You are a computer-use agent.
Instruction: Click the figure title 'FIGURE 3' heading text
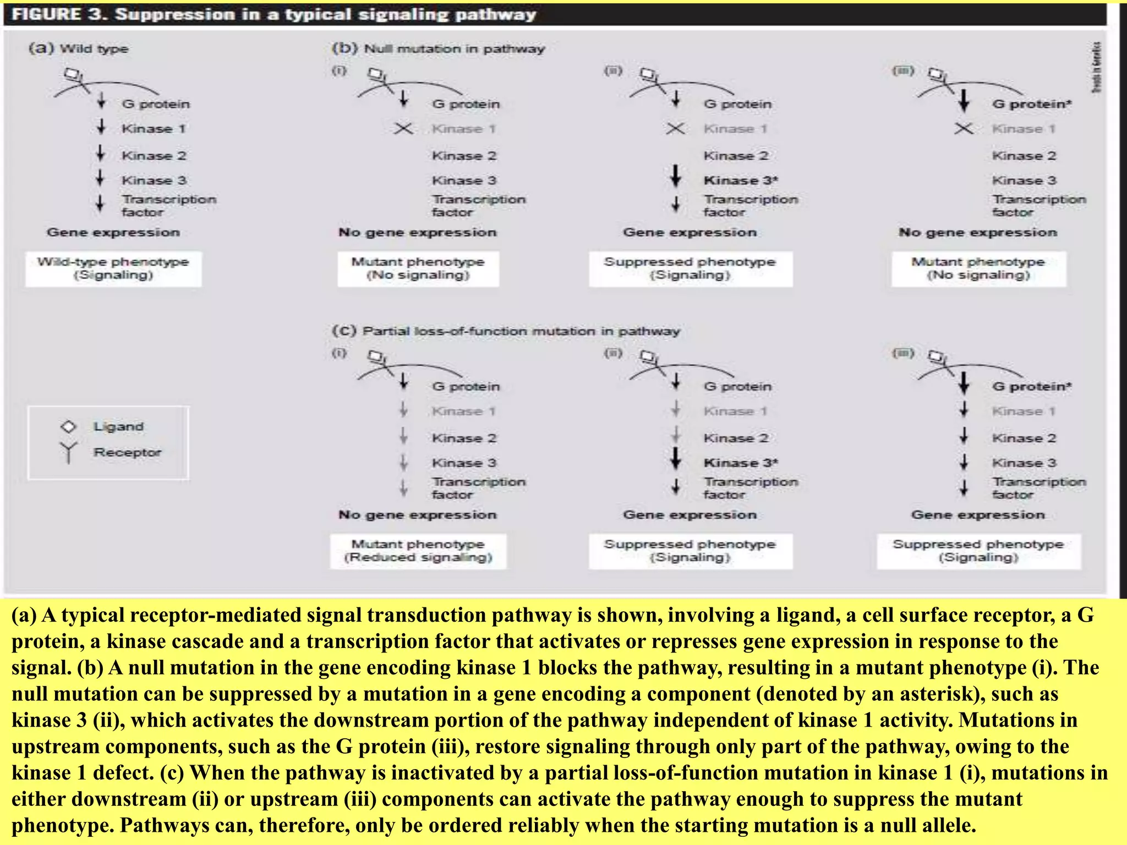[x=55, y=14]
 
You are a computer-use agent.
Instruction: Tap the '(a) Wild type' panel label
[x=78, y=48]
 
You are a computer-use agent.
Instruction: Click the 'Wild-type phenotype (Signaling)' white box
[x=113, y=268]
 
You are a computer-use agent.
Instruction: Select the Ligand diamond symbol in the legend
[x=68, y=426]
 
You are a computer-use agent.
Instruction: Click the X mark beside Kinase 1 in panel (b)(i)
[x=403, y=129]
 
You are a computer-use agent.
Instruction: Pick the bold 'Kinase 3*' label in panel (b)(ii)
[x=741, y=180]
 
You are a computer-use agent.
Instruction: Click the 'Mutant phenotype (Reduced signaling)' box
[x=418, y=551]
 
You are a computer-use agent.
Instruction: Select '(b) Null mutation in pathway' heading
[x=438, y=48]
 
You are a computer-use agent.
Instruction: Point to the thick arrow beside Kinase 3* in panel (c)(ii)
[x=676, y=458]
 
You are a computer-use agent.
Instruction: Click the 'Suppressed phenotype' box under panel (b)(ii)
[x=690, y=268]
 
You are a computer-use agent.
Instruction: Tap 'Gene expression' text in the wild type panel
[x=113, y=232]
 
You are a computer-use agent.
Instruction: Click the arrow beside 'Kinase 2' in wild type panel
[x=101, y=153]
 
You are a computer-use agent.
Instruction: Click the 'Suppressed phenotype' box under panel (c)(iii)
[x=978, y=551]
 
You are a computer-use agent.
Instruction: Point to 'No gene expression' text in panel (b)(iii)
[x=978, y=232]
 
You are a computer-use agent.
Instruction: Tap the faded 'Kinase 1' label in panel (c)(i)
[x=464, y=411]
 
